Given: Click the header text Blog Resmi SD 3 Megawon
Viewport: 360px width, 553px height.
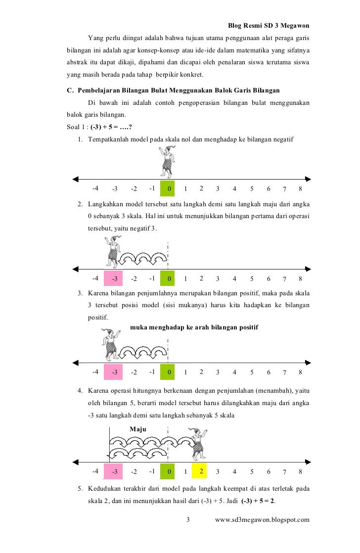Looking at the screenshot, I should (x=269, y=25).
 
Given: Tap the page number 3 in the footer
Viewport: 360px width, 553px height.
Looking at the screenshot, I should (x=188, y=519).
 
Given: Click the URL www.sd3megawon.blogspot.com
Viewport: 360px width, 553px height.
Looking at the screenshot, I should (x=266, y=519).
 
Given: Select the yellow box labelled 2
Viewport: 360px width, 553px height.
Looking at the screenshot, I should (x=202, y=471).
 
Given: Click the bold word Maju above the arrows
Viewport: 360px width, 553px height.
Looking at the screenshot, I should (x=138, y=429).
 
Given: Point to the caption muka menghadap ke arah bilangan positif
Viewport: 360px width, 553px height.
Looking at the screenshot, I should (x=194, y=327).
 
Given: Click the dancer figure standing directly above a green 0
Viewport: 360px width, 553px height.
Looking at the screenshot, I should (x=168, y=161).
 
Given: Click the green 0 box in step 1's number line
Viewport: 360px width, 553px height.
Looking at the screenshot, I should (x=169, y=188).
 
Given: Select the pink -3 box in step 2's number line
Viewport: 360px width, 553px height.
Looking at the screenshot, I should (x=115, y=278).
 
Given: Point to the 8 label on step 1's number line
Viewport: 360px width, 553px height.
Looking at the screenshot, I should (x=300, y=188).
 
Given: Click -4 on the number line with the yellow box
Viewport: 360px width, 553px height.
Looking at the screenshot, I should (x=95, y=471).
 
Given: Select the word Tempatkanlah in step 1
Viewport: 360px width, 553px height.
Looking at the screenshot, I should (x=109, y=139).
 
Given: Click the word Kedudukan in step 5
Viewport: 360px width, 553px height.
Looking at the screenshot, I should (x=105, y=489).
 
